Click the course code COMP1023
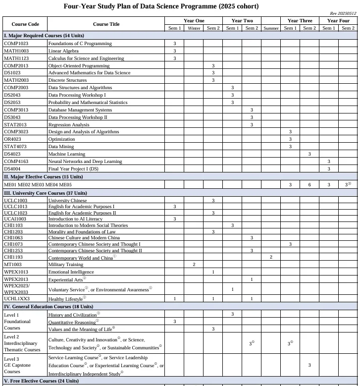tap(16, 44)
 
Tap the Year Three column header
tap(300, 21)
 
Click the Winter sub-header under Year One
tap(194, 28)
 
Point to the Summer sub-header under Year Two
tap(271, 28)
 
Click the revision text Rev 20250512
tap(343, 13)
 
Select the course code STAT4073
tap(15, 147)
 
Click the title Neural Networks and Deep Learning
tap(85, 162)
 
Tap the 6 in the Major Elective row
tap(309, 185)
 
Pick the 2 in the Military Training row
tap(194, 265)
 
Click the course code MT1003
tap(13, 265)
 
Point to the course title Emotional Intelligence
tap(71, 272)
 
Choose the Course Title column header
tap(106, 24)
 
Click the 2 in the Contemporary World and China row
tap(271, 257)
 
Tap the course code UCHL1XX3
tap(17, 299)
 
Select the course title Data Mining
tap(61, 147)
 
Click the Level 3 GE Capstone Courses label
tap(17, 365)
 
